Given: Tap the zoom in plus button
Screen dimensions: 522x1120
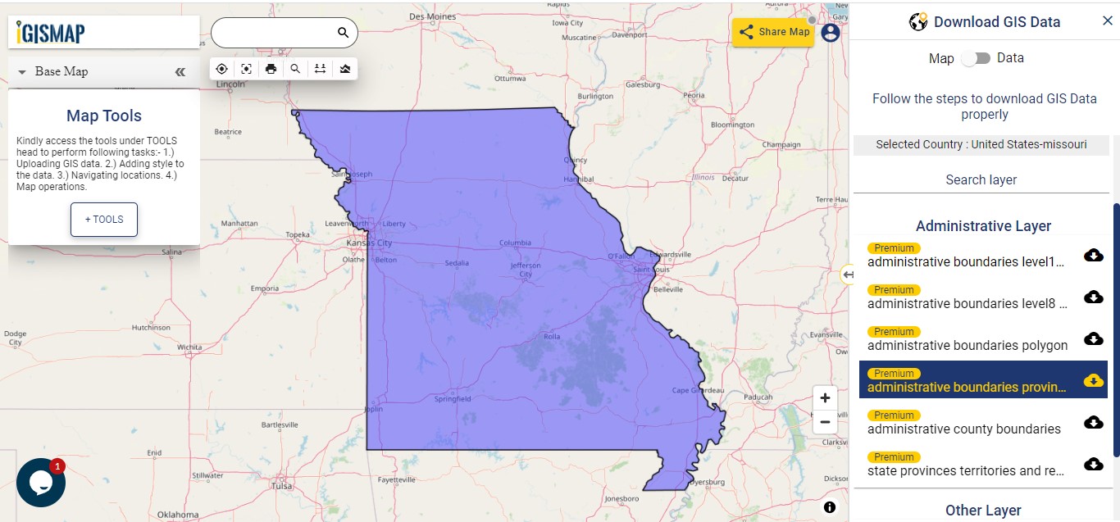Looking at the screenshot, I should tap(825, 398).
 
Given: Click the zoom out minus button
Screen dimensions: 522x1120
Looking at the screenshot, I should tap(825, 422).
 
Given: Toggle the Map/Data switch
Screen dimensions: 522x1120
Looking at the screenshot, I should tap(976, 58).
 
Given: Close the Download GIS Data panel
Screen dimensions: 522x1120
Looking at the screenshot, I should tap(1108, 21).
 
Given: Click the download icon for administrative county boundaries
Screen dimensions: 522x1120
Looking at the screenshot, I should tap(1093, 422).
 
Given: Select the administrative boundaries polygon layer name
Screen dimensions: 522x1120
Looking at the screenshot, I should tap(967, 346).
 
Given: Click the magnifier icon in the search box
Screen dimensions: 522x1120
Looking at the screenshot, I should tap(344, 33).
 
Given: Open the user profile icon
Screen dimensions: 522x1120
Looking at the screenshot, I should tap(831, 32).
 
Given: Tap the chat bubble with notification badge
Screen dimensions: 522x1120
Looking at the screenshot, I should tap(40, 483).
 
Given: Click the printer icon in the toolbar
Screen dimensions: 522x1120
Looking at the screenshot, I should tap(271, 69).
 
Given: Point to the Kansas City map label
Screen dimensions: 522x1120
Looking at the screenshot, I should tap(369, 243).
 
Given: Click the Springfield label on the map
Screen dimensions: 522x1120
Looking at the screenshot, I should tap(453, 399).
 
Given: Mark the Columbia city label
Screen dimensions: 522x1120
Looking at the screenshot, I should tap(515, 243).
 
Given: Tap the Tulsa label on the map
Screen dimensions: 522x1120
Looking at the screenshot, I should tap(281, 486).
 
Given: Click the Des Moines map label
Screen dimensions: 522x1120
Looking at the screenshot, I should tap(432, 16).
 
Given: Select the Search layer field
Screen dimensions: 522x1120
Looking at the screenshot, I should tap(981, 180).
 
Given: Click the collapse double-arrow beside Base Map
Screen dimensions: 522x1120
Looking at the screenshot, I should tap(180, 72).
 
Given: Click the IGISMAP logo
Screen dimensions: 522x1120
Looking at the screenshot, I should tap(51, 33).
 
